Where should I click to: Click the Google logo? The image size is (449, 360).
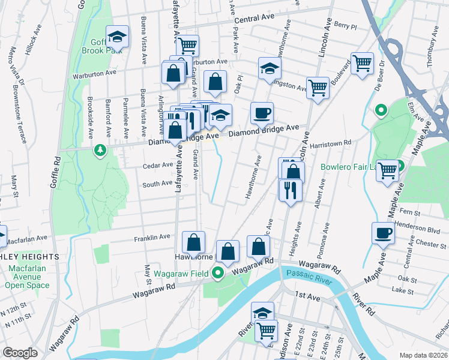19,353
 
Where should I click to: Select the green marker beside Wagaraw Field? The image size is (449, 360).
218,274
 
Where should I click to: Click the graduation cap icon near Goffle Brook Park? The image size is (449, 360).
118,37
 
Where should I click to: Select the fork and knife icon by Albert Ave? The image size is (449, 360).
290,190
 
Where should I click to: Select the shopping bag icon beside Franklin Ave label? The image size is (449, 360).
194,243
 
